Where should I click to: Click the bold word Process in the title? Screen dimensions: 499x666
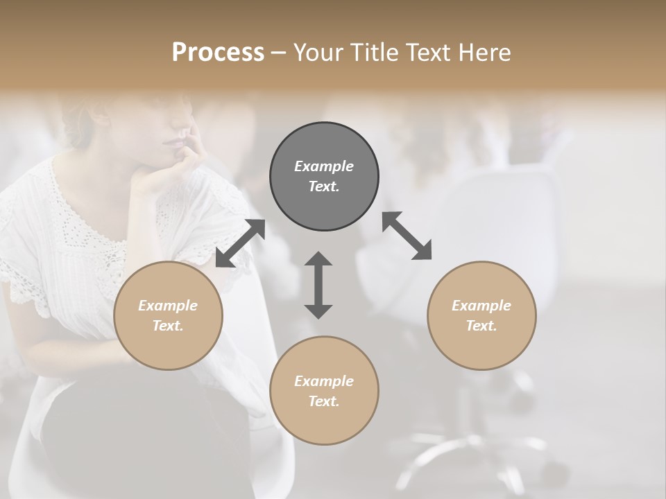[218, 53]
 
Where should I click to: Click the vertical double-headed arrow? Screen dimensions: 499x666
[318, 285]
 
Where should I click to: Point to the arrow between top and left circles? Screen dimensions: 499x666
[240, 243]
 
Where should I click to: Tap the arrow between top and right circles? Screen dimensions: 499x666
[407, 236]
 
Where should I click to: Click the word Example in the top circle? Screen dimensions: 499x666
[324, 166]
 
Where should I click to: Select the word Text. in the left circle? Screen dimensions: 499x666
[168, 326]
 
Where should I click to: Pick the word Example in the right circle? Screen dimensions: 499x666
[481, 306]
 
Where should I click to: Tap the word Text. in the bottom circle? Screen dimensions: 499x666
[324, 401]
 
